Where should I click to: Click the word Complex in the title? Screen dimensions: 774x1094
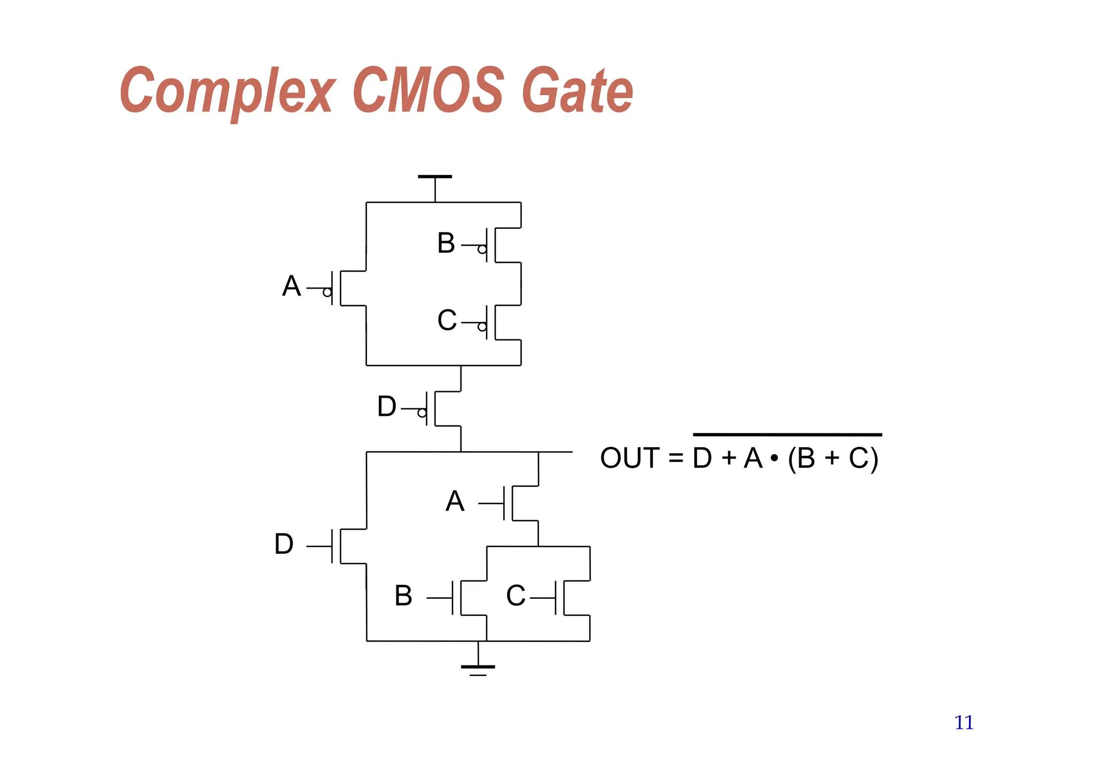227,91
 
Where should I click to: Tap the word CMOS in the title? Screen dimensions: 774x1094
428,89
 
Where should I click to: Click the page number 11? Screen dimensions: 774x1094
964,723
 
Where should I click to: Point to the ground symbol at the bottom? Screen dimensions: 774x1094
478,668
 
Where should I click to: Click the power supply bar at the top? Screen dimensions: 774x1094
435,176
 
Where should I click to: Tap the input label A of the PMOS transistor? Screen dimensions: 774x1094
292,286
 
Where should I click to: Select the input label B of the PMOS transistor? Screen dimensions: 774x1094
446,243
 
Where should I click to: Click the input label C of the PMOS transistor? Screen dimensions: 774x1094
447,321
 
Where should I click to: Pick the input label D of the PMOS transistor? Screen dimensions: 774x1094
387,406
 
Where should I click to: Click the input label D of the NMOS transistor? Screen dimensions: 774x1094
284,544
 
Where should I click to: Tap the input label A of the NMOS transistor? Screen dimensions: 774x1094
455,501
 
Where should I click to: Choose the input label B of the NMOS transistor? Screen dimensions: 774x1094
403,595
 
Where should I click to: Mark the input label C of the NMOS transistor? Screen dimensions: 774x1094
515,595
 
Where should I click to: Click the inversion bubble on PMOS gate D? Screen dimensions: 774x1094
421,413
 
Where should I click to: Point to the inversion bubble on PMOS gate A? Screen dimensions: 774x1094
327,292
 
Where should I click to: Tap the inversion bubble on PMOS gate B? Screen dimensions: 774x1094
482,250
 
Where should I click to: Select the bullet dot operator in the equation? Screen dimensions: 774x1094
774,458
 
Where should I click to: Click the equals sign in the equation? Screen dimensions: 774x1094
676,458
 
